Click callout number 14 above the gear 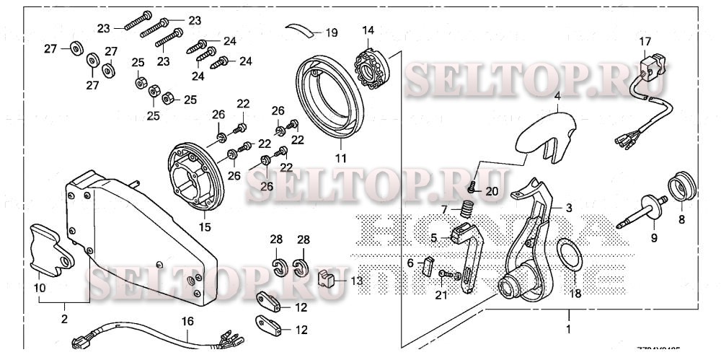(368, 31)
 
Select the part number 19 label (331, 33)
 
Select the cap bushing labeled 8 (681, 187)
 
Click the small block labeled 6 (427, 267)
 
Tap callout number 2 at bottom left (63, 318)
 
